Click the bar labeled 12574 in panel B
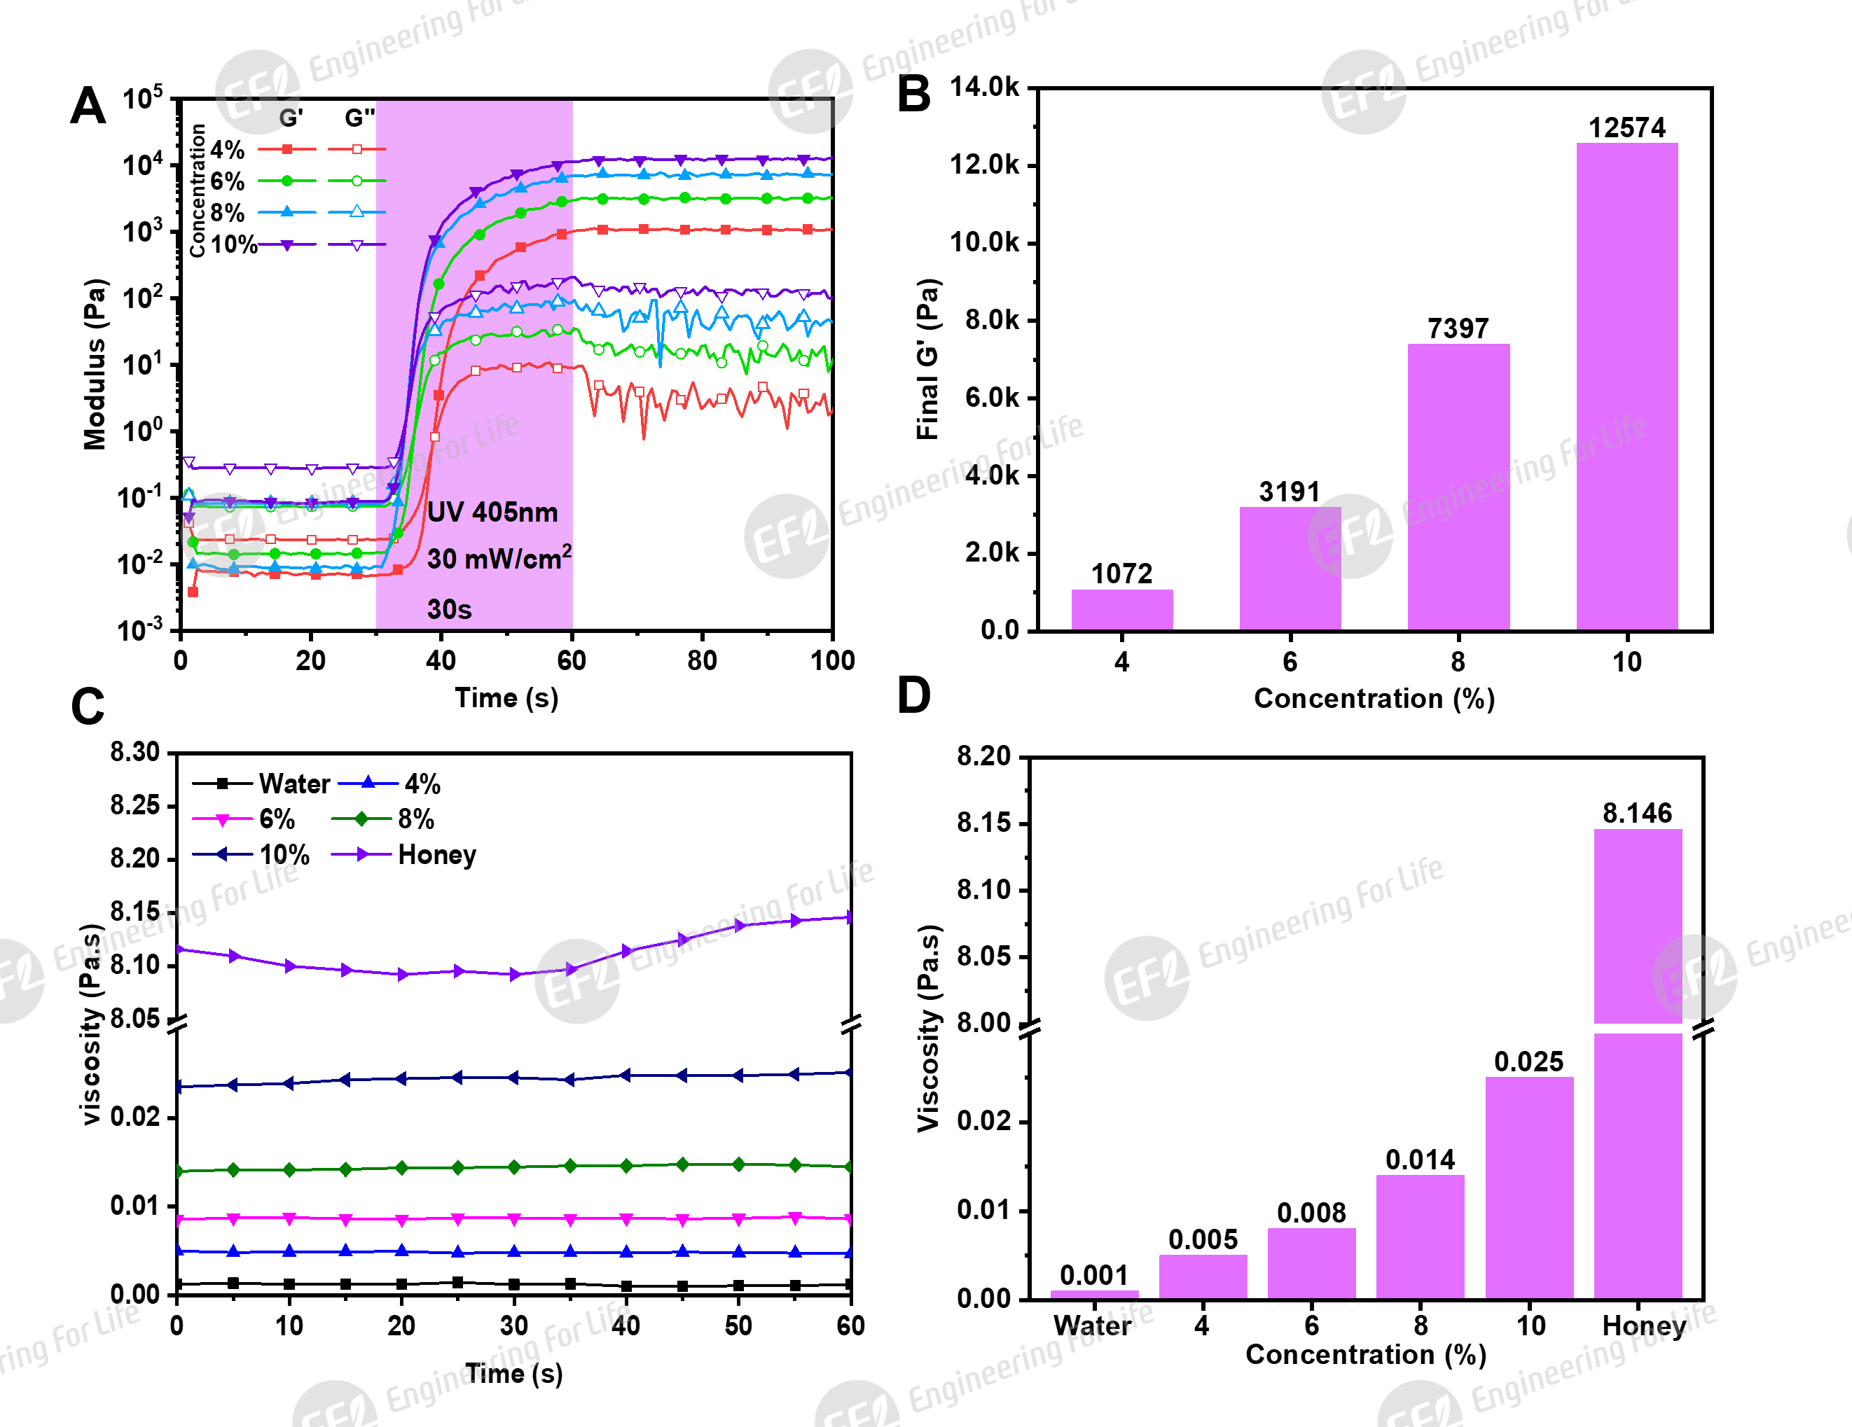1626,386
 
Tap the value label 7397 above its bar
1458,328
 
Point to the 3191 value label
1289,492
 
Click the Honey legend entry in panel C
436,855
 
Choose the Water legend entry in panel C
293,784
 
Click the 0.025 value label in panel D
1528,1061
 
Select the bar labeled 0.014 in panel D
1420,1237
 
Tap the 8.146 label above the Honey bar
1637,813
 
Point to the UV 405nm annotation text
492,512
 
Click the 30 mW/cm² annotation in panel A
499,558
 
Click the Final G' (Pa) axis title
927,359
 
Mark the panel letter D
913,695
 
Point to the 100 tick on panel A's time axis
832,660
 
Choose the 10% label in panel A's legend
234,245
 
